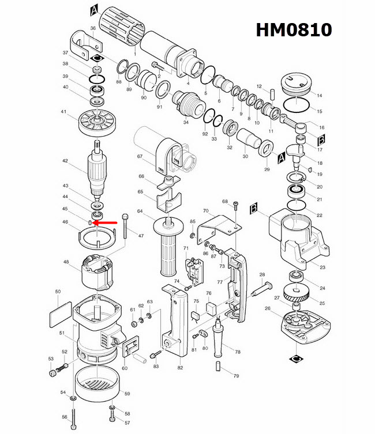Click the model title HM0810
point(294,29)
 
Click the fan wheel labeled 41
point(95,122)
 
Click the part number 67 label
point(140,156)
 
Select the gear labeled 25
point(298,295)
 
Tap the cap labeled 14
point(298,84)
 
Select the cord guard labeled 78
point(220,341)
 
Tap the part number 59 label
point(127,394)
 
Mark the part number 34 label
point(186,122)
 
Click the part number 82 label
point(180,368)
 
